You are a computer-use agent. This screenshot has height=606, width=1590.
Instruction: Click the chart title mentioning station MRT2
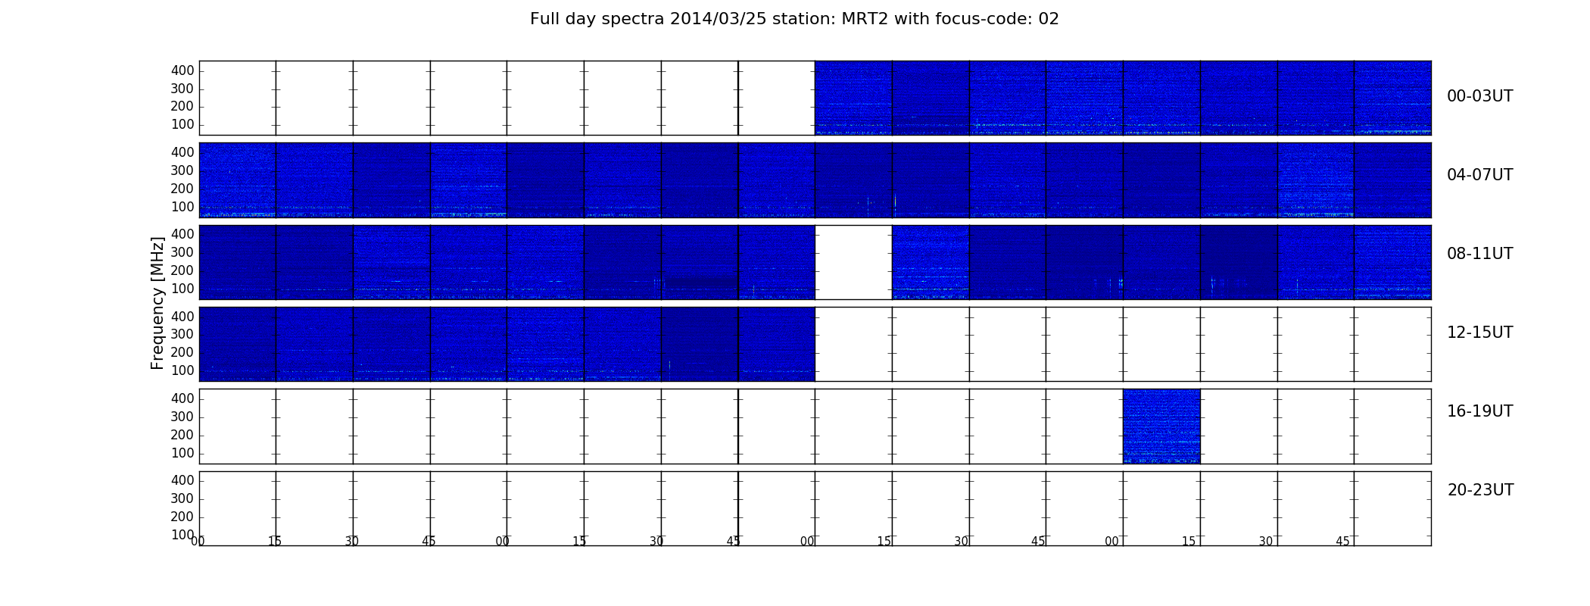point(794,19)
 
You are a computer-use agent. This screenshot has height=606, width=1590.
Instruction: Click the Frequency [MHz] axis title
point(157,303)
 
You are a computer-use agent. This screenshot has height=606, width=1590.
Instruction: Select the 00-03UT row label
point(1479,96)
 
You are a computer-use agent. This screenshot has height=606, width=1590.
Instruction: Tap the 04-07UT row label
point(1479,175)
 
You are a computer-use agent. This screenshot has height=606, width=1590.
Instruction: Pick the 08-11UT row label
point(1479,254)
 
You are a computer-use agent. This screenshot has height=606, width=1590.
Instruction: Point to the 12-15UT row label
point(1479,333)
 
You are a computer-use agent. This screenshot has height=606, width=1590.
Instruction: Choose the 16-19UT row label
point(1479,411)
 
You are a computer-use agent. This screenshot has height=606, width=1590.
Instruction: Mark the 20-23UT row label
point(1480,490)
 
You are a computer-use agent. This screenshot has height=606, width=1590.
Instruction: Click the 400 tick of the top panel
point(182,70)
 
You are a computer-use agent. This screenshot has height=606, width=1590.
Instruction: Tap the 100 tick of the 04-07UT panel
point(182,207)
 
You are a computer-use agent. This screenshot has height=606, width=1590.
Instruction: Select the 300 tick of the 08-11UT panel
point(182,252)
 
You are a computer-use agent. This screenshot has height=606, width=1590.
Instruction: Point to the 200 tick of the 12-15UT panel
point(182,352)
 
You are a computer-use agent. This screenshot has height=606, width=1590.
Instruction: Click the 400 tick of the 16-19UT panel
point(182,398)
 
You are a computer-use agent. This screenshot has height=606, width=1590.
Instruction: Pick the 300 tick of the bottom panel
point(182,498)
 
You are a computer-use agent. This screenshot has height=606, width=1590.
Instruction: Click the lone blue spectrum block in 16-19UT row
point(1161,426)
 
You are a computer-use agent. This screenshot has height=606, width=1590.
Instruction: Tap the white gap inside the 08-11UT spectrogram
point(853,262)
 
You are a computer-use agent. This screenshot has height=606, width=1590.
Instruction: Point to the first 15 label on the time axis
point(275,542)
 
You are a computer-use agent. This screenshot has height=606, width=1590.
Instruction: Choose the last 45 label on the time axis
point(1342,542)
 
